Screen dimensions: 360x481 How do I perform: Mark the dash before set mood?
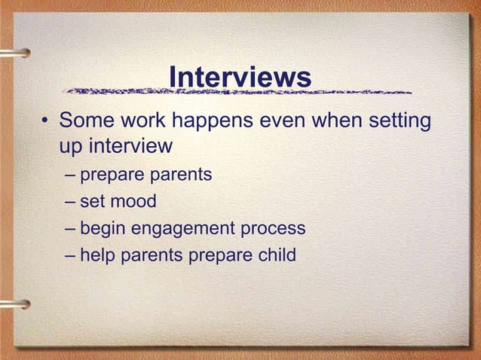(x=70, y=202)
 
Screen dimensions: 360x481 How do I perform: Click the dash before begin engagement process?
(x=70, y=228)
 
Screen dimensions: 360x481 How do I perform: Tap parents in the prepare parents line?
(x=182, y=175)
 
